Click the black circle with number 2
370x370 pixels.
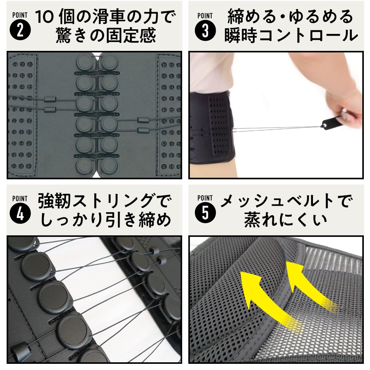tap(20, 31)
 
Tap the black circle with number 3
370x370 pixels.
tap(205, 31)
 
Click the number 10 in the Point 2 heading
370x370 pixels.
tap(45, 17)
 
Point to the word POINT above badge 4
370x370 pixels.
tap(20, 198)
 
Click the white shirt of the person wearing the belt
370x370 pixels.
tap(213, 71)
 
